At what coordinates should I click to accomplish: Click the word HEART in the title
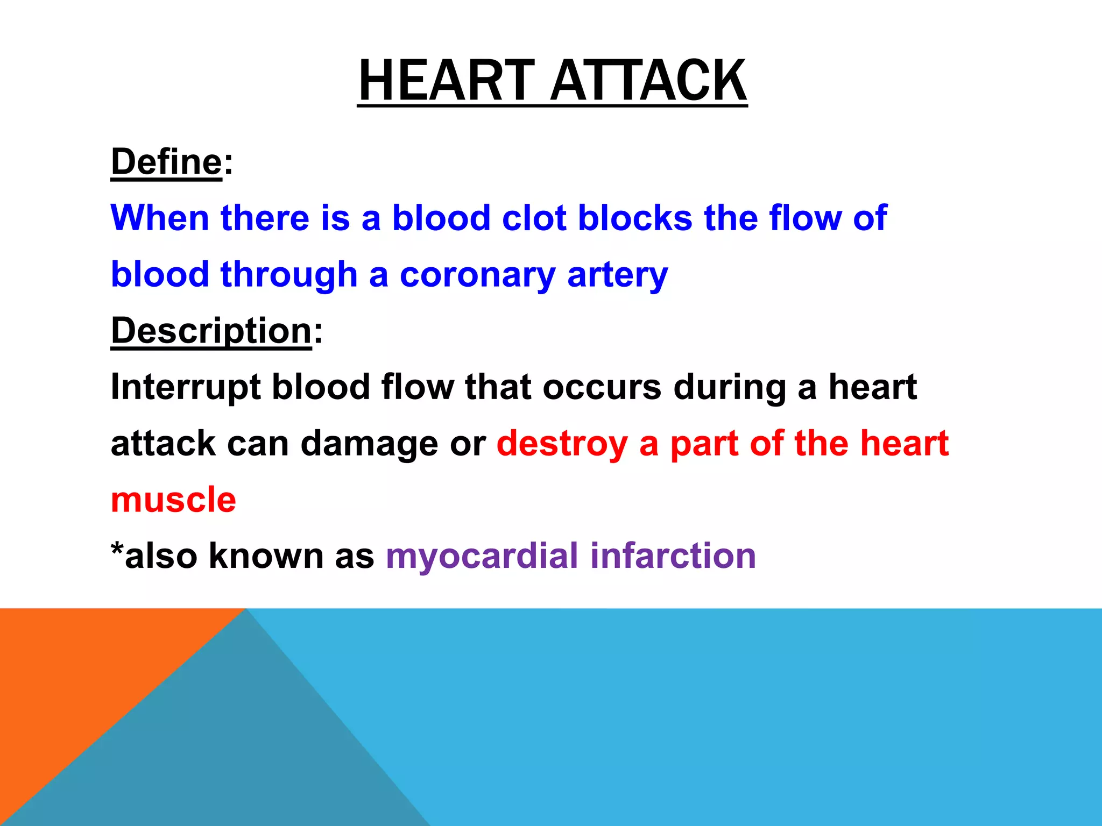coord(446,81)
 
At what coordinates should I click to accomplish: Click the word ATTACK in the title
coord(648,81)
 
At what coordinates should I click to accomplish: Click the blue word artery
coord(617,275)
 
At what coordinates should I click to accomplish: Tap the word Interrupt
coord(186,387)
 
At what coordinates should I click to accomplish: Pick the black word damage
coord(369,444)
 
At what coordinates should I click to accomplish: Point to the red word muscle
coord(173,500)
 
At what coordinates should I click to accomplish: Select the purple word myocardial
coord(482,556)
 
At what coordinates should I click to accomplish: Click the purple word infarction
coord(673,556)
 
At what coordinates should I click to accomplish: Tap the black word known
coord(266,556)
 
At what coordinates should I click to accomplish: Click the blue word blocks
coord(635,218)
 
